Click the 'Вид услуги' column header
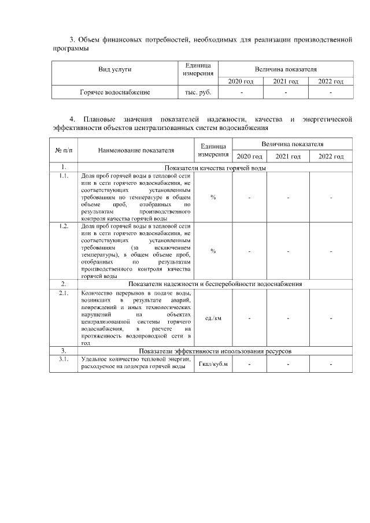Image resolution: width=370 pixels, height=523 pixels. pos(114,69)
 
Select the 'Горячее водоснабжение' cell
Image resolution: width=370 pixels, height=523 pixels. pos(114,92)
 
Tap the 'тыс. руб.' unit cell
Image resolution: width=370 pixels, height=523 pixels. pos(197,92)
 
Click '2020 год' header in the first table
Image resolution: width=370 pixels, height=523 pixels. pos(241,81)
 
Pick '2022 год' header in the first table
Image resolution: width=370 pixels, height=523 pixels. pos(331,81)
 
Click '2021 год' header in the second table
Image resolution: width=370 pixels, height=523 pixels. pos(288,157)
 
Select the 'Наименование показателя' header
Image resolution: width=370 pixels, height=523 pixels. pos(136,150)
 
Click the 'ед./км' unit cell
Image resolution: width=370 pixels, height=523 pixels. pos(213,318)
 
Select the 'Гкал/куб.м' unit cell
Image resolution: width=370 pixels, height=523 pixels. pos(213,364)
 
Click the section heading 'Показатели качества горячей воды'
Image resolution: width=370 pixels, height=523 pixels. pos(214,168)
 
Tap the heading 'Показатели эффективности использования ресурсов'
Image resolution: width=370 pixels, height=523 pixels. pos(214,351)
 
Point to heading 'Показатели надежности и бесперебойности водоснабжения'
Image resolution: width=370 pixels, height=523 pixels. pos(214,284)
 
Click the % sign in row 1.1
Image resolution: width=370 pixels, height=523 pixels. pos(213,198)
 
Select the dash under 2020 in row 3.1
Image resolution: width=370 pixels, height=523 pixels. pos(250,364)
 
